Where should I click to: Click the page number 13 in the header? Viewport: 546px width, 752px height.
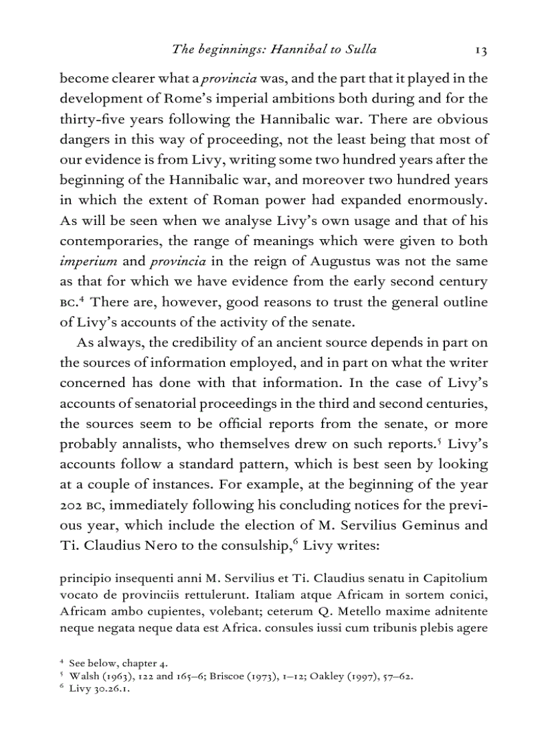click(480, 49)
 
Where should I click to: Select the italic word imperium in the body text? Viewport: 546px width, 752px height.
click(89, 260)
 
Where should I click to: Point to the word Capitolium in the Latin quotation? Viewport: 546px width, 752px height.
click(455, 578)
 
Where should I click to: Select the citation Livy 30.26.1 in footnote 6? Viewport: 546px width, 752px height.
click(99, 687)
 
